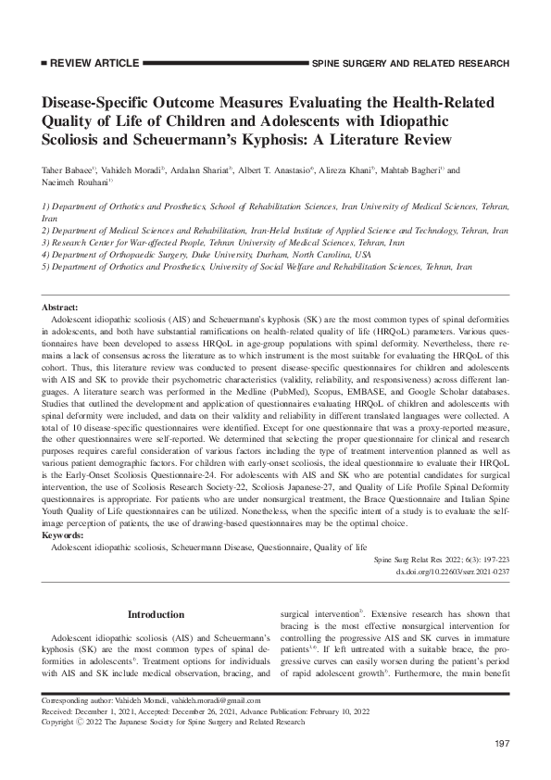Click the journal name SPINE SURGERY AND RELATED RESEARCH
click(411, 64)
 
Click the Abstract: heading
click(60, 306)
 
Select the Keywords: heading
click(64, 510)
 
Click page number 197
click(502, 745)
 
